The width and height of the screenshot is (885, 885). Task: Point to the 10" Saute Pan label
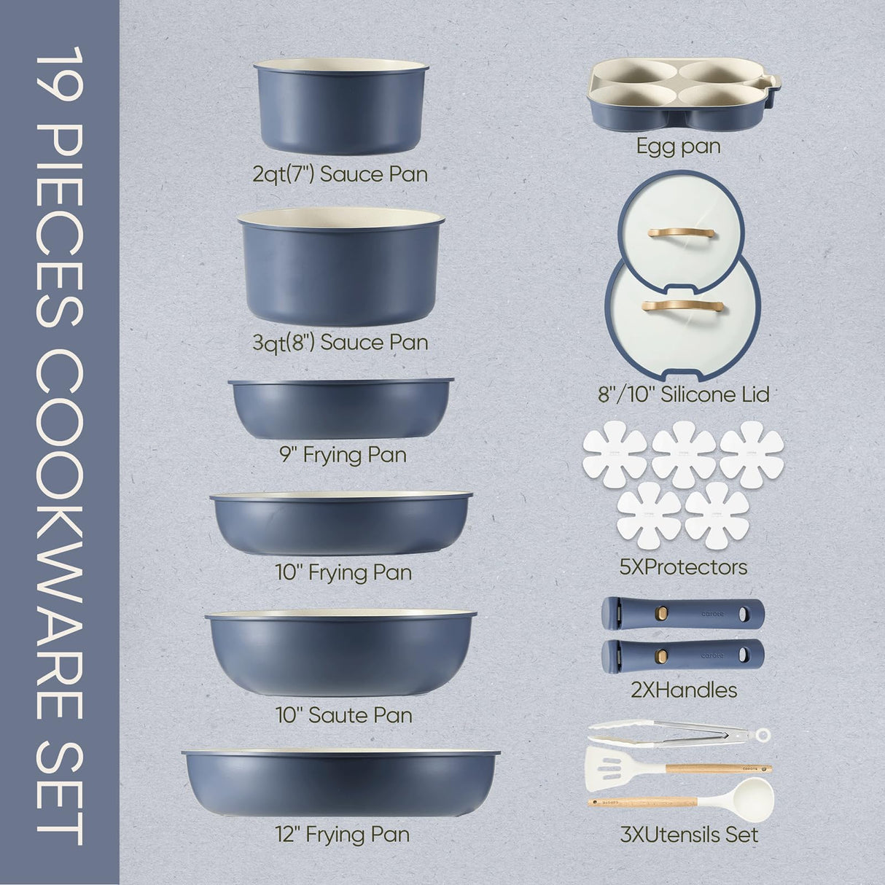[340, 715]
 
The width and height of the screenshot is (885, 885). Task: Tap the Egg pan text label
[678, 146]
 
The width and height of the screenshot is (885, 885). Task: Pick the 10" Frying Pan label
[344, 572]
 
